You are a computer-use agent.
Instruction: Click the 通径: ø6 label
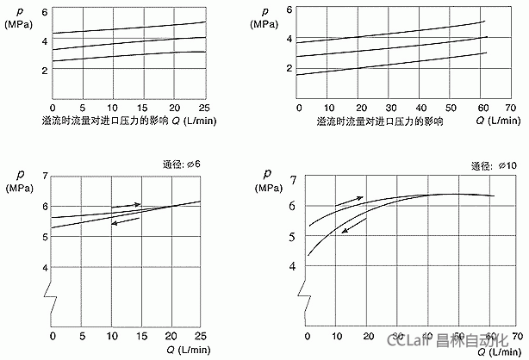[183, 164]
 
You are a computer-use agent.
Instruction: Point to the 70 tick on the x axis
[509, 108]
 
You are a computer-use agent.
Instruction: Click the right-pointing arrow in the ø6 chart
[133, 204]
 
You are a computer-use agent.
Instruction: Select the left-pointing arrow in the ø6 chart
[121, 221]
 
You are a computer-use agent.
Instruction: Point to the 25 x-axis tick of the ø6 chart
[202, 335]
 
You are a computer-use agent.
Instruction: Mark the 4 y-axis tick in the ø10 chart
[292, 267]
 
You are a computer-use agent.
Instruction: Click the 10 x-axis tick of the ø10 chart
[337, 336]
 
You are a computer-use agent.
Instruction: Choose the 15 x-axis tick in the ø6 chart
[142, 335]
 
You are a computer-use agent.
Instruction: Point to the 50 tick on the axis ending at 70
[449, 108]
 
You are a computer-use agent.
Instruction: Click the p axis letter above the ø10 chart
[267, 171]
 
